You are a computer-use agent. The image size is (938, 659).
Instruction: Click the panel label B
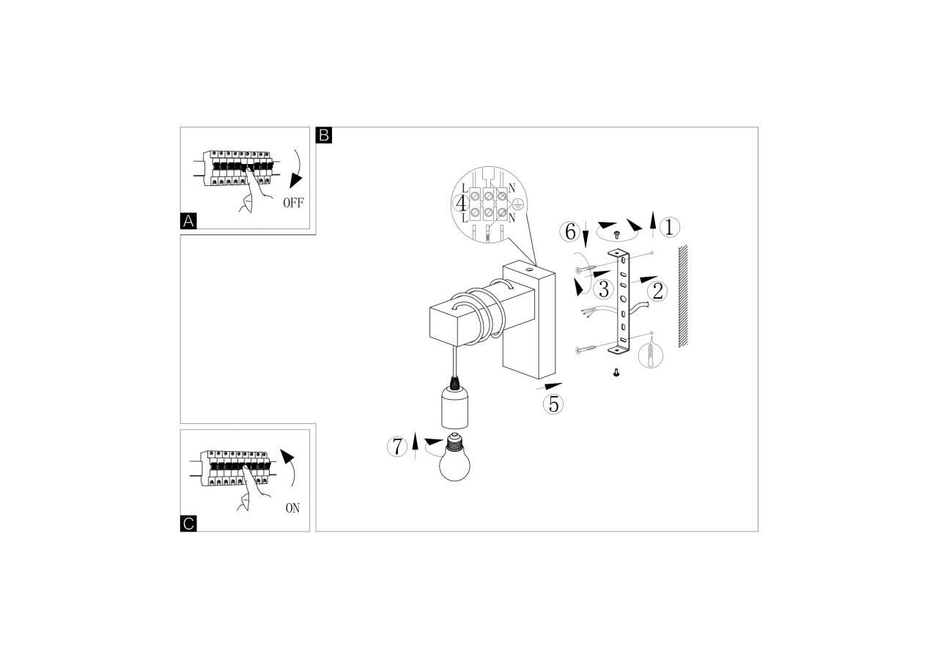coord(324,135)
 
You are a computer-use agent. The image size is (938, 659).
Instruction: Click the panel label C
coord(188,524)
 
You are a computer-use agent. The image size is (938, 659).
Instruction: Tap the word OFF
coord(292,204)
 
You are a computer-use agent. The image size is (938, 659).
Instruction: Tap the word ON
coord(292,508)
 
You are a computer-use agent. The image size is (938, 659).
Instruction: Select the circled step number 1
coord(668,228)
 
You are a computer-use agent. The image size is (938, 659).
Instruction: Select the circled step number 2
coord(657,291)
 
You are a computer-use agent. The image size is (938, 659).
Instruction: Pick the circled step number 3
coord(602,288)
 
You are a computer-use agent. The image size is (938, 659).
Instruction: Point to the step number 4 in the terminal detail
coord(461,203)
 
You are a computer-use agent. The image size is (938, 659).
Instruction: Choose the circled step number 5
coord(553,403)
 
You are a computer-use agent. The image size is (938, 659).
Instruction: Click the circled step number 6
coord(569,232)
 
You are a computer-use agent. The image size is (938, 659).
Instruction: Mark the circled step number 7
coord(396,446)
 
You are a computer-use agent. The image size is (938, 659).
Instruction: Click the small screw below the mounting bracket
coord(615,373)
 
